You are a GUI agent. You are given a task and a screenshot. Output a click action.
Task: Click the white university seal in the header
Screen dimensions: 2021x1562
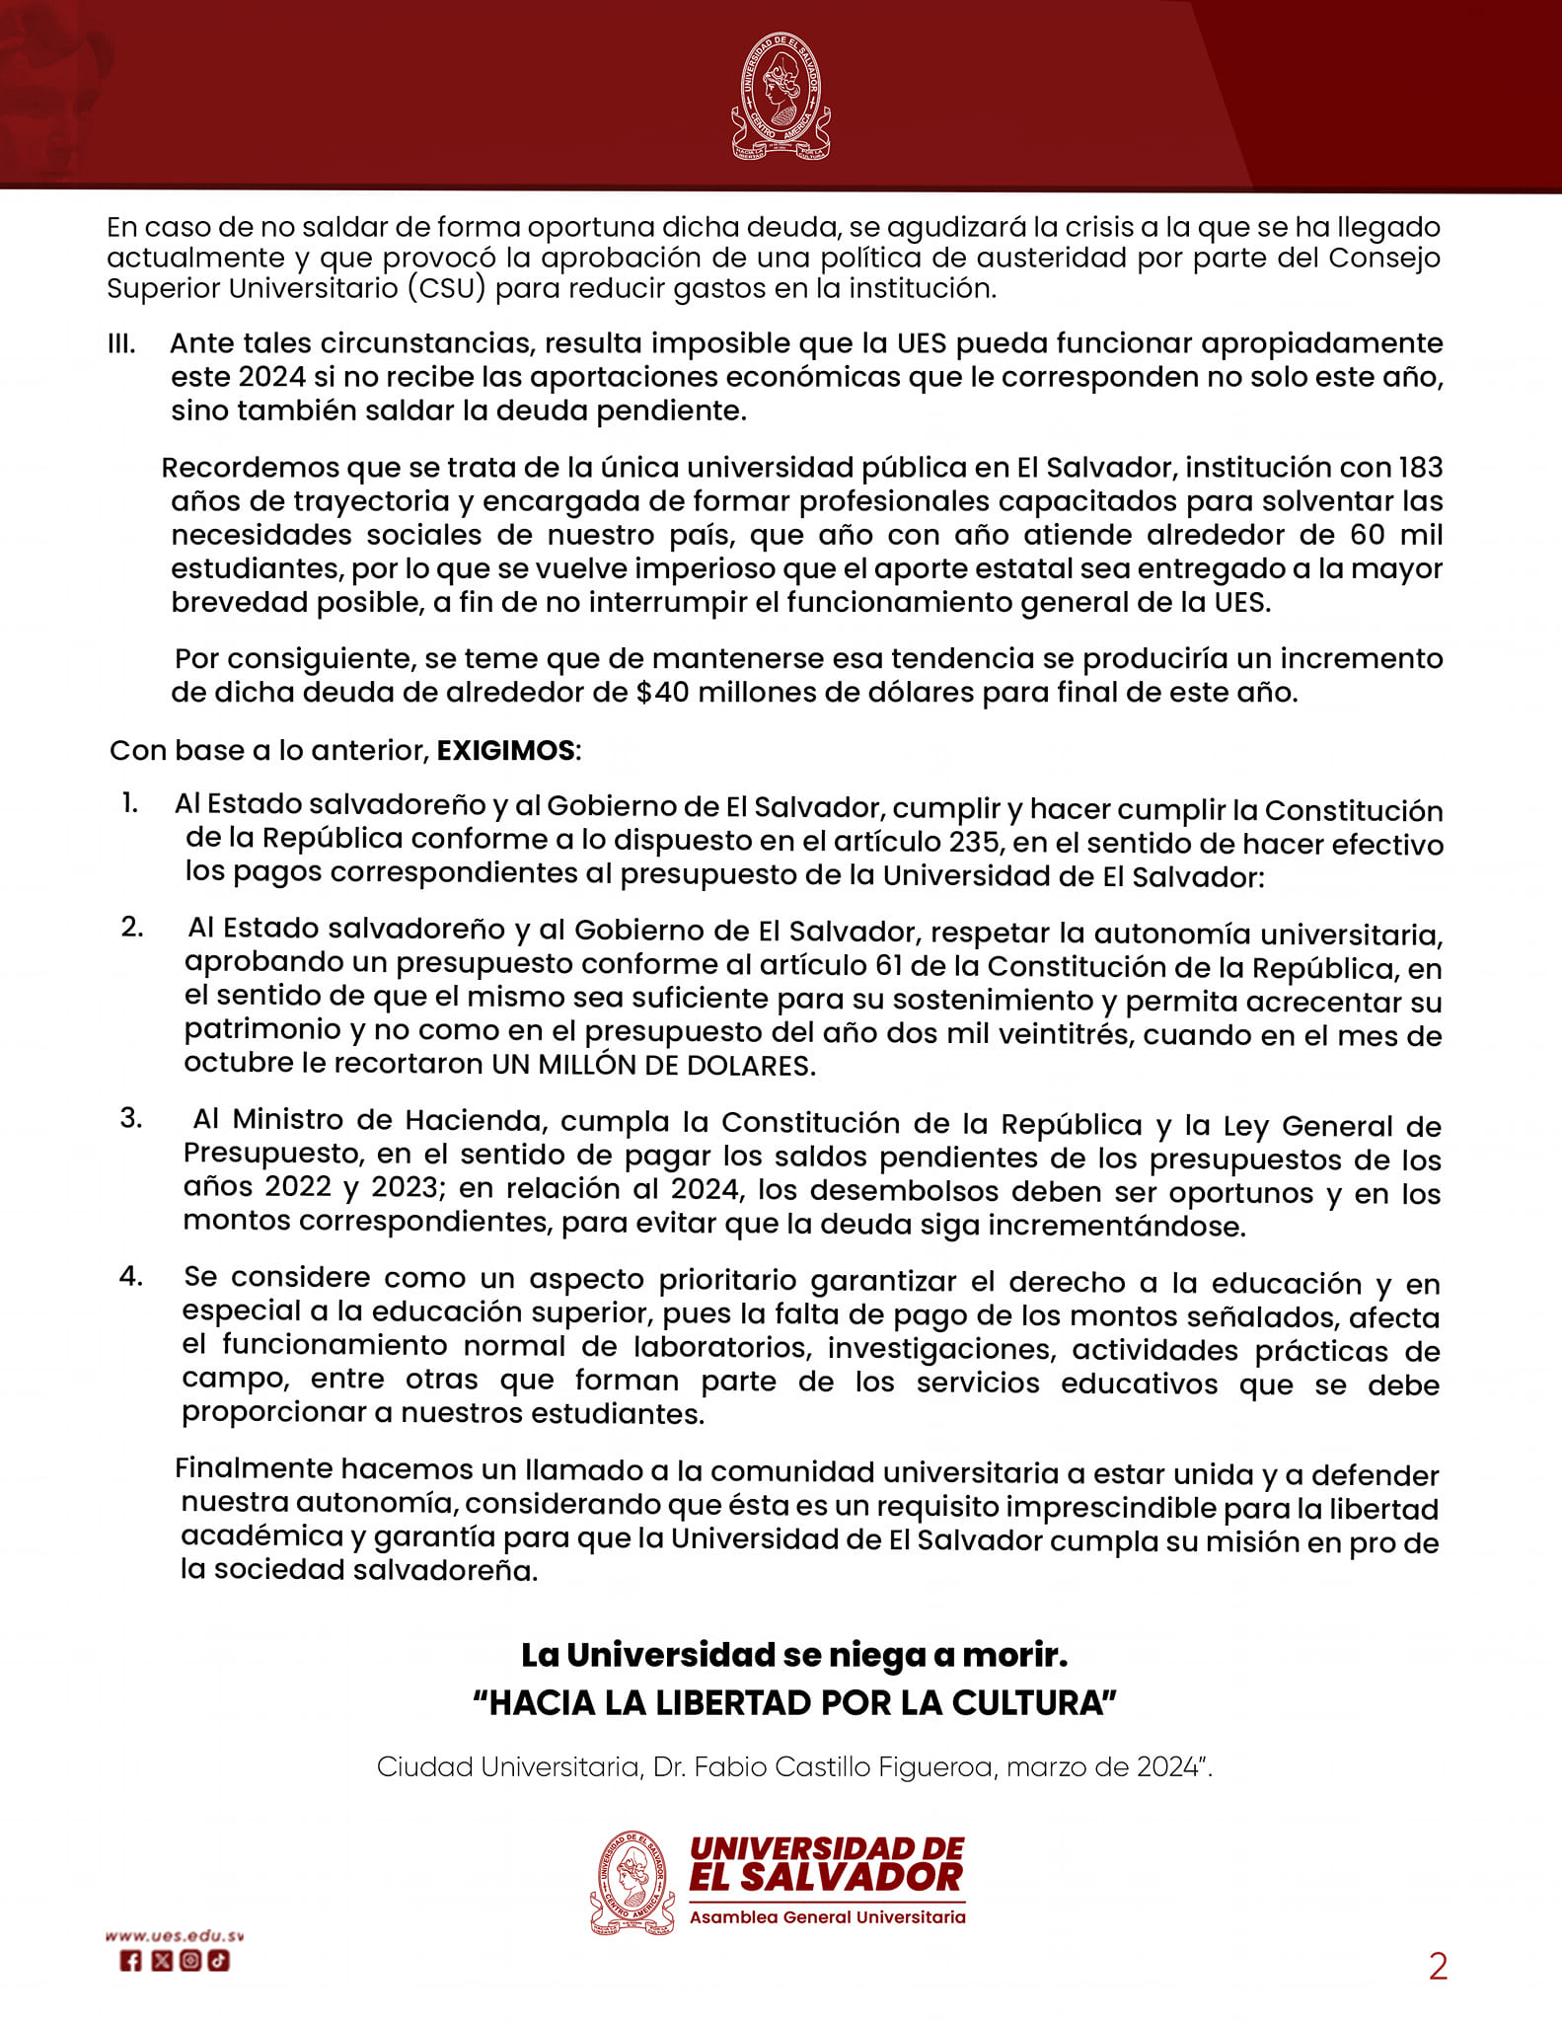point(781,96)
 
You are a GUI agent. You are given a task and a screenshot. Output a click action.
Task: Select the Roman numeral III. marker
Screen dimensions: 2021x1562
point(121,344)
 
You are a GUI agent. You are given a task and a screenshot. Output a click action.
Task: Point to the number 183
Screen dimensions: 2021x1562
point(1421,467)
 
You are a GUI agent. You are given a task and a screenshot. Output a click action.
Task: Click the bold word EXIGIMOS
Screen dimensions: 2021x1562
point(505,750)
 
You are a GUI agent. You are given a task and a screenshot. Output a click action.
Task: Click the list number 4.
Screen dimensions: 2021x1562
point(130,1276)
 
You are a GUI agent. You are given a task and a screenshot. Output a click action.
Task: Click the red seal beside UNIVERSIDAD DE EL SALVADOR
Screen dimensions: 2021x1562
point(632,1883)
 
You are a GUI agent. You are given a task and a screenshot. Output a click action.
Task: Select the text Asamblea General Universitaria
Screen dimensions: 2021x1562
point(827,1917)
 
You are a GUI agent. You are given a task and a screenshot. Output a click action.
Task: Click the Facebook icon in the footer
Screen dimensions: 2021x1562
point(130,1961)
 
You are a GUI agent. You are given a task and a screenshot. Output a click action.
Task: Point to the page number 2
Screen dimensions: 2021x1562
point(1438,1967)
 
